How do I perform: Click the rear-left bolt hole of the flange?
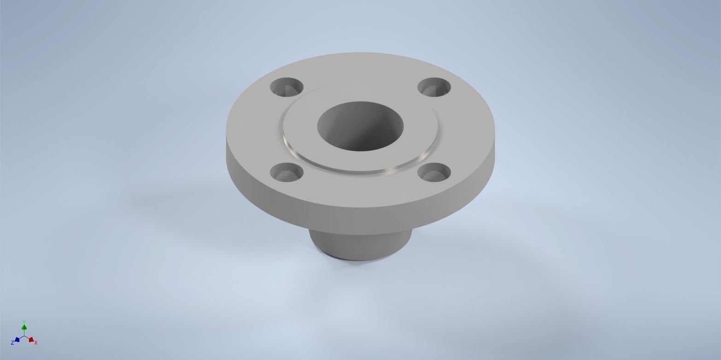pos(287,87)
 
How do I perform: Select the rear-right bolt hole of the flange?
pos(434,87)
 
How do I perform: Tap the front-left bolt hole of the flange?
pos(287,172)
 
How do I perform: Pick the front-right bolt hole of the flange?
pos(434,172)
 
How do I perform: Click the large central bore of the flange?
pos(360,126)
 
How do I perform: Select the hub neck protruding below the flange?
pos(359,242)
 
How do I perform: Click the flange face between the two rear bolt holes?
pos(360,74)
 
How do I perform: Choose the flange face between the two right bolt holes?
pos(465,129)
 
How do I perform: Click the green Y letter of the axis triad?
pos(24,322)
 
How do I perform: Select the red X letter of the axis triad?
pos(36,342)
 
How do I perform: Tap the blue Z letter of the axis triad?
pos(12,343)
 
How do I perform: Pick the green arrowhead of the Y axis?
pos(24,327)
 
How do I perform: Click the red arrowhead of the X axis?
pos(31,340)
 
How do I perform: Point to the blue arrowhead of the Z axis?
pos(17,340)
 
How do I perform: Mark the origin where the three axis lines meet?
pos(24,336)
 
